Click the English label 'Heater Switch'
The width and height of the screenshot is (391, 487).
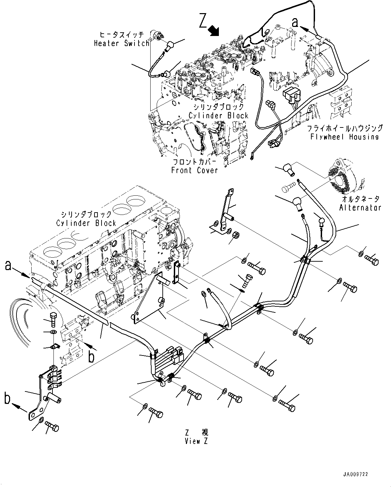[x=121, y=43]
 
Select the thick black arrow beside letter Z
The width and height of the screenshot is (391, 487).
[x=213, y=31]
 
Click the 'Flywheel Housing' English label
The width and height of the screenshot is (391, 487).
[x=345, y=137]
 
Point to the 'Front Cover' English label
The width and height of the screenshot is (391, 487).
[x=194, y=170]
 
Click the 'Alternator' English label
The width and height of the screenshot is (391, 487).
[x=360, y=208]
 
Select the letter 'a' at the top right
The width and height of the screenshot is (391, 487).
[x=295, y=22]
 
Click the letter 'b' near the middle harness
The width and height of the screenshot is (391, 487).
[x=91, y=357]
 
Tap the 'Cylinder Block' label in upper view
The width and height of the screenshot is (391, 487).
[x=218, y=116]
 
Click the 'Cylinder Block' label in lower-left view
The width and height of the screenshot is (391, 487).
[x=86, y=223]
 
